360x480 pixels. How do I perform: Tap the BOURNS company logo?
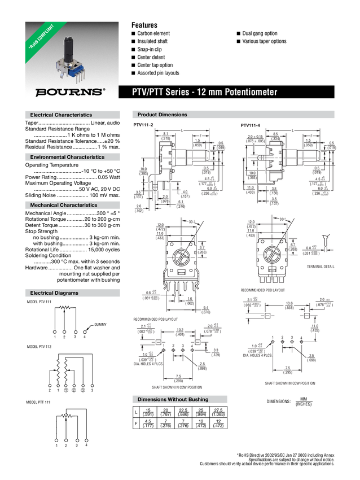(69, 91)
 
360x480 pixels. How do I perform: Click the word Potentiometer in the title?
(251, 92)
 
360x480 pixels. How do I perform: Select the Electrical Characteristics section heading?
(61, 115)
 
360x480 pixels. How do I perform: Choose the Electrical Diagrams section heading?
(54, 293)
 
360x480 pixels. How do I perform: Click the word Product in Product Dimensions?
(147, 115)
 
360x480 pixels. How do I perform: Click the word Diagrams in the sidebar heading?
(67, 293)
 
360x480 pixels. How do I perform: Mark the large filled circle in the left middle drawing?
(181, 259)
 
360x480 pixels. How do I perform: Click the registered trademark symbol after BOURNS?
(103, 89)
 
